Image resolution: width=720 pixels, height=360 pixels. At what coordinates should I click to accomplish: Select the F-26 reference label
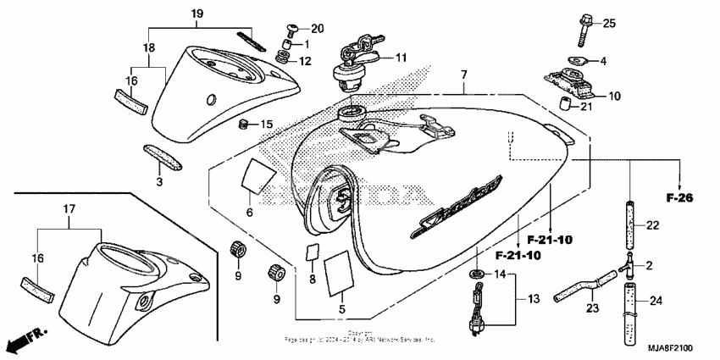point(678,198)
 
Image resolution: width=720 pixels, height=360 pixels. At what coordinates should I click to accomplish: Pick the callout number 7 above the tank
point(463,76)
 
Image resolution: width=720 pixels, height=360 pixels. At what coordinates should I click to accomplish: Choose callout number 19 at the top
point(197,14)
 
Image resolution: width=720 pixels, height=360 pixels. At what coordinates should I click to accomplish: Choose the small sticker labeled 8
point(312,254)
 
